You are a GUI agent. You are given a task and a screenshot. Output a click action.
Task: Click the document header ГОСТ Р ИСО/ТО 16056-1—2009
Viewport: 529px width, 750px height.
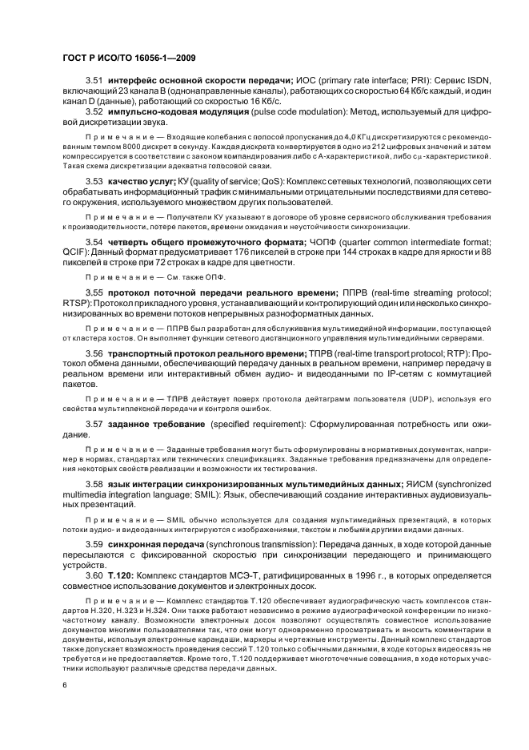click(129, 58)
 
